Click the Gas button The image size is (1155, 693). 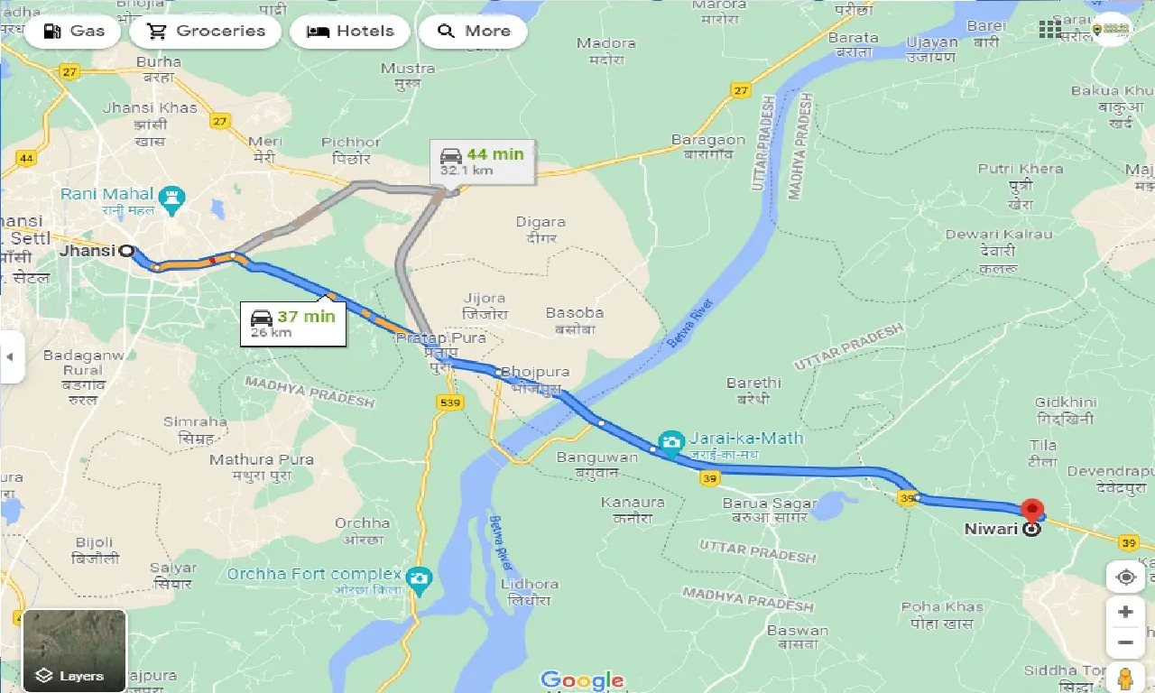click(x=76, y=31)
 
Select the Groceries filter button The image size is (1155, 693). click(x=206, y=31)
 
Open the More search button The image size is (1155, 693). click(x=473, y=31)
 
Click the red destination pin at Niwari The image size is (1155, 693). click(x=1030, y=512)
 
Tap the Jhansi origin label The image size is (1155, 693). click(x=88, y=251)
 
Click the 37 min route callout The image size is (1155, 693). click(x=292, y=323)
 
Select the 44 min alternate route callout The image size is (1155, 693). click(x=482, y=161)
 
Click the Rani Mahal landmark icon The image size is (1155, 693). click(x=171, y=195)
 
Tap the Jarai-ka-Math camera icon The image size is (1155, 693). click(x=670, y=440)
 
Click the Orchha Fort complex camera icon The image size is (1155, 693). click(x=419, y=576)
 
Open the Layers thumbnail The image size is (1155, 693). click(x=74, y=651)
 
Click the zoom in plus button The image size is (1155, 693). click(x=1125, y=612)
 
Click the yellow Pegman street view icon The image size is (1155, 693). click(x=1125, y=677)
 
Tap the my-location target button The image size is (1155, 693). click(x=1125, y=577)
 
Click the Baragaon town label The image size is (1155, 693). click(x=708, y=146)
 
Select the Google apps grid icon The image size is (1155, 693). click(x=1050, y=30)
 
